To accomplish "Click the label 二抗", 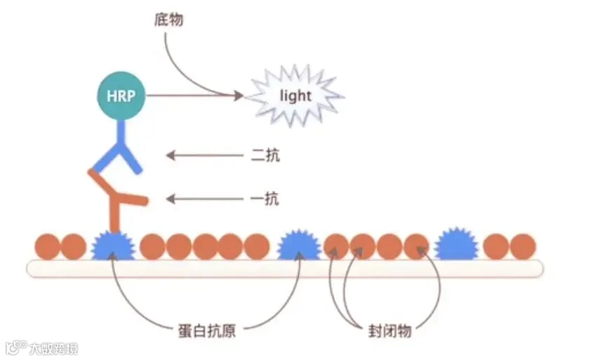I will point(265,155).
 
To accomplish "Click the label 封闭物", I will point(389,330).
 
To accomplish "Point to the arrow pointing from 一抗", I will point(204,199).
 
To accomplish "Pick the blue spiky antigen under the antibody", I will point(112,246).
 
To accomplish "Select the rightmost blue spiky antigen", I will point(456,246).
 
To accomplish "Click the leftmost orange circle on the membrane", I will point(48,246).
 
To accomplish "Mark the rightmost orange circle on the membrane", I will point(523,246).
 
